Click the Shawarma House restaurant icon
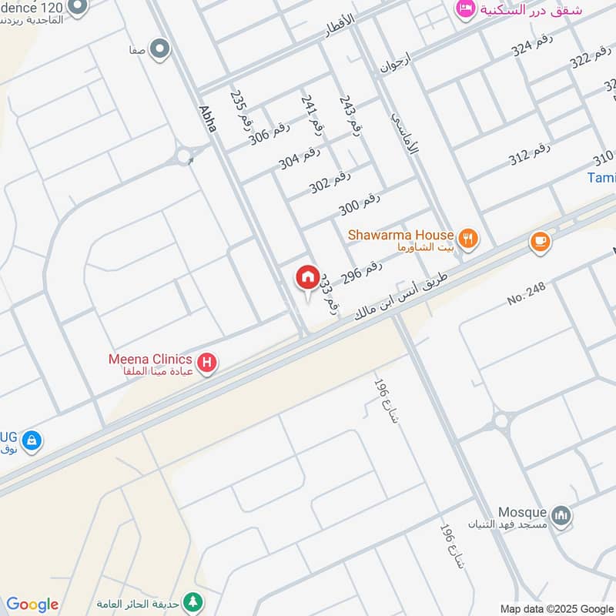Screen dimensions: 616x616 coord(467,238)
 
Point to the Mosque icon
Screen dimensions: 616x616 coord(562,517)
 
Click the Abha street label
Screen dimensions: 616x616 coord(206,122)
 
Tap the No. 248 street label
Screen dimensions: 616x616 coord(527,293)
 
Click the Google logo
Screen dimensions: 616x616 coord(32,604)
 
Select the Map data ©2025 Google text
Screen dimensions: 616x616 coord(557,608)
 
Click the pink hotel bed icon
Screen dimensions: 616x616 coord(464,9)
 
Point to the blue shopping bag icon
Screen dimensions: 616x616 coord(31,441)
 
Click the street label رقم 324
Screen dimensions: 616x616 coord(532,49)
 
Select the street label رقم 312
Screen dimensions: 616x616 coord(529,156)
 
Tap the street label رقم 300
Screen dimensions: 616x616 coord(360,205)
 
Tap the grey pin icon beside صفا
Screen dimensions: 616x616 coord(161,50)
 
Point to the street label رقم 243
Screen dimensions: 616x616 coord(347,116)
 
